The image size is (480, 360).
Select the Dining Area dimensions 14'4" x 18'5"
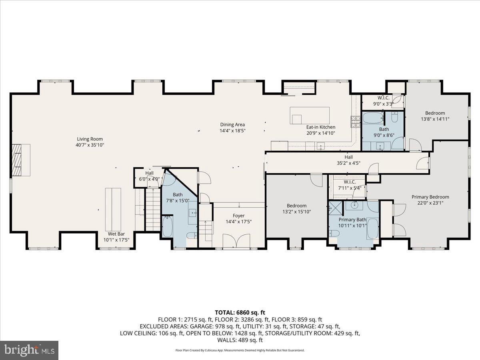[x=232, y=131]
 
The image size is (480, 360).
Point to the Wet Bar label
[x=116, y=234]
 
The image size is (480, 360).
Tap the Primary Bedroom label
[x=430, y=197]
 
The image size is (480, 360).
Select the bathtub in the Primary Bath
[x=372, y=228]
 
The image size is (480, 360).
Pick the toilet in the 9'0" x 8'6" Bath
[x=395, y=117]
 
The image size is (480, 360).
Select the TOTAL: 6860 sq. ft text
[x=240, y=312]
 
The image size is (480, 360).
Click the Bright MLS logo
[x=29, y=350]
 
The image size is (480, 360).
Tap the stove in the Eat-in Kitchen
[x=355, y=121]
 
